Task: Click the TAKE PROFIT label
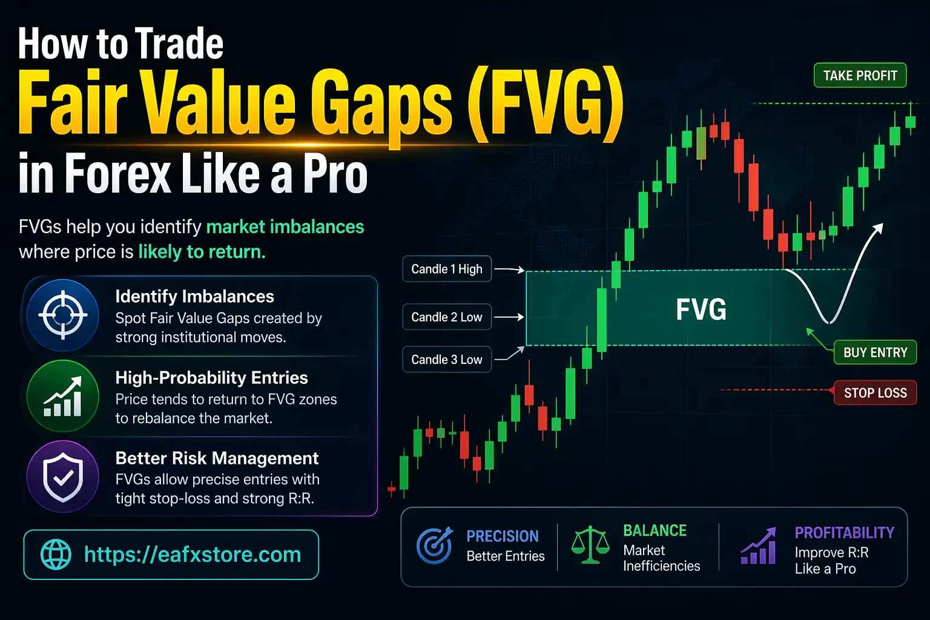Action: [x=860, y=76]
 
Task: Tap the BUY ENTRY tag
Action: [x=875, y=352]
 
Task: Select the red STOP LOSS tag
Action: [x=875, y=393]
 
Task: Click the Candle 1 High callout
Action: [x=447, y=269]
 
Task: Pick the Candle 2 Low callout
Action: [x=447, y=317]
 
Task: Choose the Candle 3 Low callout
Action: [x=447, y=360]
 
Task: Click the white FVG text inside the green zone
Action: [x=701, y=309]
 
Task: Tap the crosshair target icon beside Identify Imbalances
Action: [x=63, y=315]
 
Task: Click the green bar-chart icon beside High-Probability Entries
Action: [x=63, y=397]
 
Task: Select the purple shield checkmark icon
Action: [x=63, y=477]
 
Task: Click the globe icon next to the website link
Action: [x=56, y=555]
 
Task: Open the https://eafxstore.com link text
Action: [x=193, y=555]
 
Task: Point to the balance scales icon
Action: [x=590, y=545]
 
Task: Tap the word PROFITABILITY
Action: [x=844, y=533]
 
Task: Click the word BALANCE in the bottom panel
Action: [x=655, y=531]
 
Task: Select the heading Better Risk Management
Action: [x=217, y=458]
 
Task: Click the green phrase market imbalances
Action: [x=285, y=227]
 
